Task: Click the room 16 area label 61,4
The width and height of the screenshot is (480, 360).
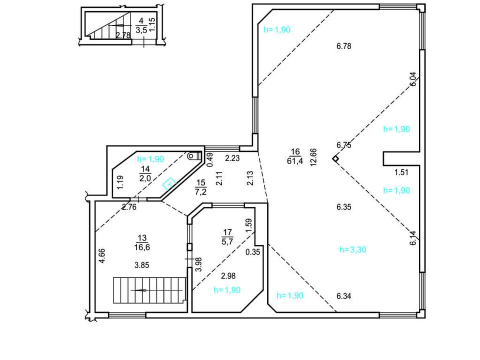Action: [295, 160]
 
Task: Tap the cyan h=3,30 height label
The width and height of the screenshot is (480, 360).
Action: [352, 249]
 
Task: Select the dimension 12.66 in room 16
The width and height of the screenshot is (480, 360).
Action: [313, 157]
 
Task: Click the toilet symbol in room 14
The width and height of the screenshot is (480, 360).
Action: [194, 155]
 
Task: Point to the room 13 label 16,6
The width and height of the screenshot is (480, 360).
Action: [142, 247]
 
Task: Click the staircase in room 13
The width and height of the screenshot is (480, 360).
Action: [149, 290]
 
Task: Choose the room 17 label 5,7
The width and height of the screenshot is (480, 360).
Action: [227, 241]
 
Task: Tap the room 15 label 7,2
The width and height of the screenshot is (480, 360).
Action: [200, 192]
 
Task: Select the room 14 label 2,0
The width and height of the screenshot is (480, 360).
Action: [145, 178]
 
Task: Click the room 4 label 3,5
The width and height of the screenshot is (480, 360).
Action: [141, 29]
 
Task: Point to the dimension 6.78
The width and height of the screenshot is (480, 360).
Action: [344, 46]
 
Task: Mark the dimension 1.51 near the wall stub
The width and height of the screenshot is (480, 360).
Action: [401, 172]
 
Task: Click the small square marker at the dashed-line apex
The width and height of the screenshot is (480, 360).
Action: [336, 158]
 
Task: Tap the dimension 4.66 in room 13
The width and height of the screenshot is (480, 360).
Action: [101, 255]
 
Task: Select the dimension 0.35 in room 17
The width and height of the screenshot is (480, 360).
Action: [253, 252]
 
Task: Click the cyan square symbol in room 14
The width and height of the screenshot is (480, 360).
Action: [169, 184]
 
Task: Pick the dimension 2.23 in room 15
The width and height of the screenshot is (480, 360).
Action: [232, 158]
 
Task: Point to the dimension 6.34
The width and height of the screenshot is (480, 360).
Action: [344, 296]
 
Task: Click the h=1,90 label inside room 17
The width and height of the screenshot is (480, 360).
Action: [227, 290]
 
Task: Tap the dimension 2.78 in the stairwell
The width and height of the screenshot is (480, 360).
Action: [123, 35]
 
